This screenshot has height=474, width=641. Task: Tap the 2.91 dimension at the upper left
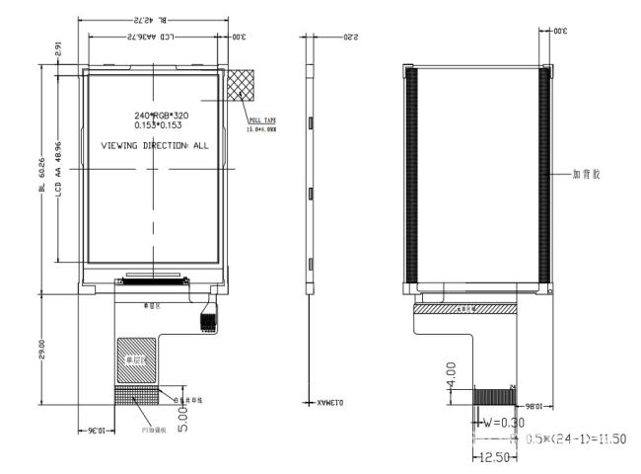(57, 48)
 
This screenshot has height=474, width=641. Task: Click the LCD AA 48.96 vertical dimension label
(59, 168)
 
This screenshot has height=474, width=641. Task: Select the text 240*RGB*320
(161, 116)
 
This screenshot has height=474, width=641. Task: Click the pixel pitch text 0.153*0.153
(158, 126)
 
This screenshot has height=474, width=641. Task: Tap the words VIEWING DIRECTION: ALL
(156, 145)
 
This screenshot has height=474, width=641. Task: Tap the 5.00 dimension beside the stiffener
(180, 421)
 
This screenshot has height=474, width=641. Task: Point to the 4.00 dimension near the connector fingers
(452, 379)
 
